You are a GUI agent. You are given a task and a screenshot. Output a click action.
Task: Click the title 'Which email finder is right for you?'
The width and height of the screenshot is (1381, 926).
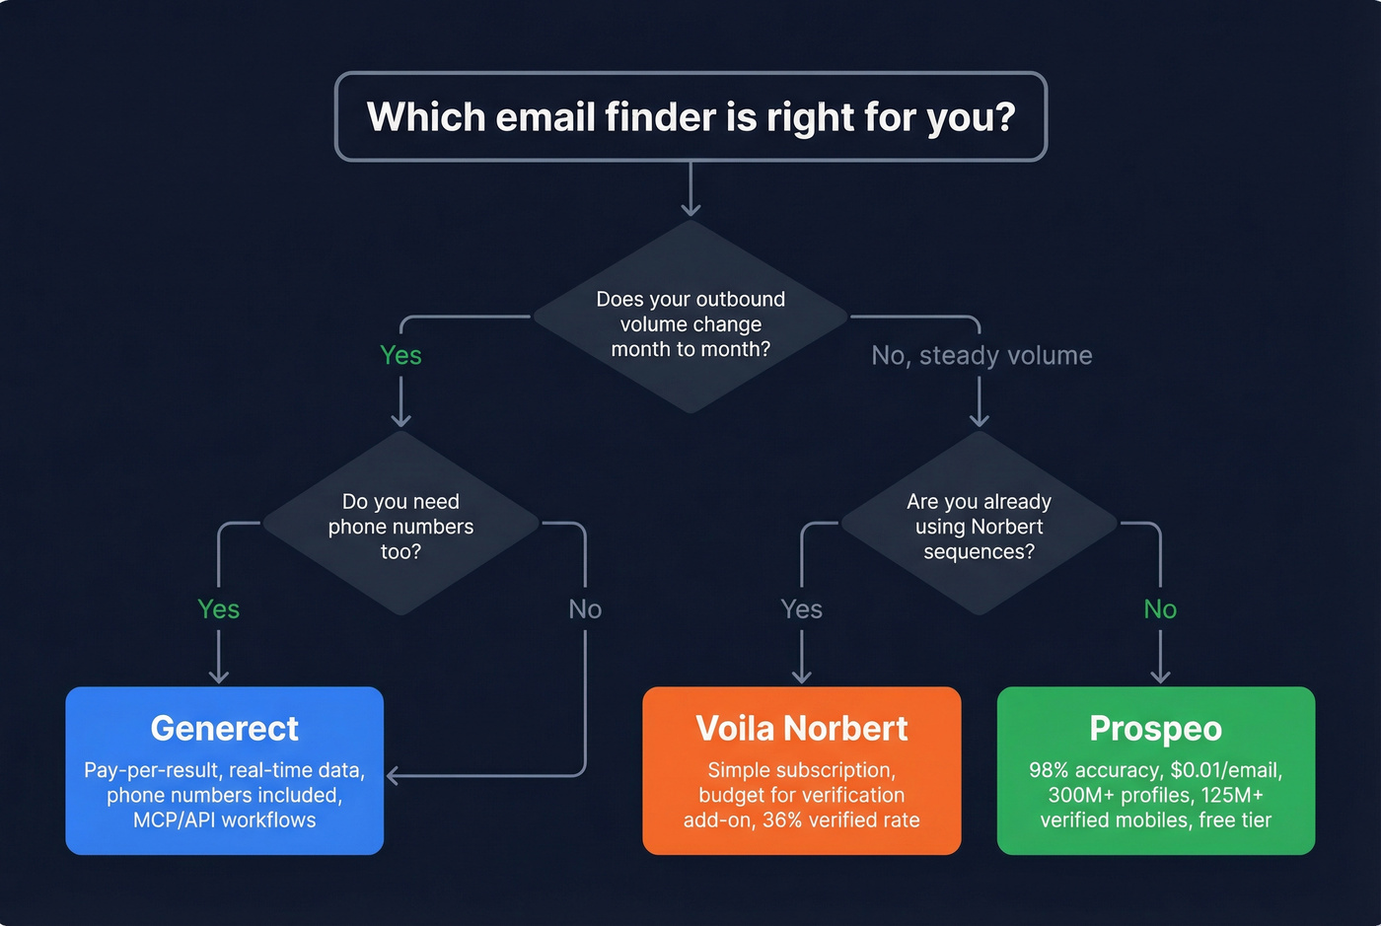coord(690,117)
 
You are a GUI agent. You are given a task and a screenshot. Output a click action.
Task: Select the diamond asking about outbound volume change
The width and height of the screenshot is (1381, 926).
coord(690,323)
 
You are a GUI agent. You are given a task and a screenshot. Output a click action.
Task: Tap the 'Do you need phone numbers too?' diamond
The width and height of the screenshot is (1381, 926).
coord(400,526)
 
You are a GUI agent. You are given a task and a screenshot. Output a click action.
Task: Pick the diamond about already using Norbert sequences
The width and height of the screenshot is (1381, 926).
coord(979,526)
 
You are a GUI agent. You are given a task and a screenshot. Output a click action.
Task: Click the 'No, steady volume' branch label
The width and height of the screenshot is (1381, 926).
coord(981,355)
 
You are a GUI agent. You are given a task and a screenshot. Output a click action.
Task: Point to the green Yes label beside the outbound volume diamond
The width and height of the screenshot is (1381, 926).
coord(400,355)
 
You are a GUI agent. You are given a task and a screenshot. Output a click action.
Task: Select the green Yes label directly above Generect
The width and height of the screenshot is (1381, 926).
coord(218,609)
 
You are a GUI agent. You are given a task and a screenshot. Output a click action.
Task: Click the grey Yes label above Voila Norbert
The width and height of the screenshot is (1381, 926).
coord(801,609)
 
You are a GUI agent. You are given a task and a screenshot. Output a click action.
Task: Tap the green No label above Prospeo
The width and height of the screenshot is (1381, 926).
coord(1160,609)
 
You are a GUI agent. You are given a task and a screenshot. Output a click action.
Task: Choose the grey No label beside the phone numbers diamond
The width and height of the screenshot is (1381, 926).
coord(585,609)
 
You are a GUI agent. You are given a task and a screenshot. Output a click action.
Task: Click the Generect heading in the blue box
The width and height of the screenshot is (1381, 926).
coord(224,729)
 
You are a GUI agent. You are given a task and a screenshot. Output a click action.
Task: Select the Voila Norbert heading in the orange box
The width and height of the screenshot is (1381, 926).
coord(801,729)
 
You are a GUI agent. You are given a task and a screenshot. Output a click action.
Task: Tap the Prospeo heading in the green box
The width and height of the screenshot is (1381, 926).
coord(1155,729)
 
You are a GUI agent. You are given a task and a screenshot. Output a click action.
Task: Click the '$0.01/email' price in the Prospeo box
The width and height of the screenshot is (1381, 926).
coord(1226,770)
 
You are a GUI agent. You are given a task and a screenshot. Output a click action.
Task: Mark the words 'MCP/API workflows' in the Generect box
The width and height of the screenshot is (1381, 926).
coord(224,820)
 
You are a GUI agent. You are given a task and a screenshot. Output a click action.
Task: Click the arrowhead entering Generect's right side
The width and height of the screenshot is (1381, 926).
coord(393,776)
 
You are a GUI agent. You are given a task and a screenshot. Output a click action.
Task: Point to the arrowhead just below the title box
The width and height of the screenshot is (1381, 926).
coord(690,208)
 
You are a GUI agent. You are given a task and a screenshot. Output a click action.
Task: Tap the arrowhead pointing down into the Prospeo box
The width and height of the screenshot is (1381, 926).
coord(1160,677)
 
